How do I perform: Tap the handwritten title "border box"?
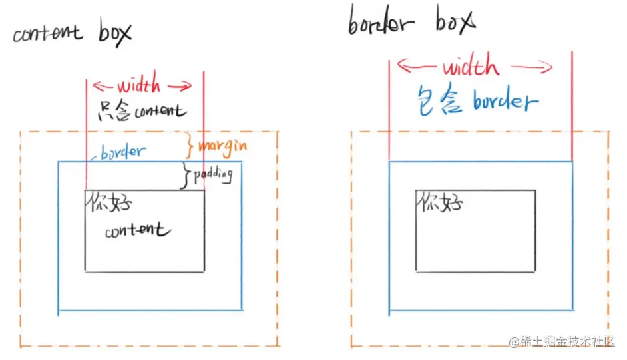pyautogui.click(x=411, y=24)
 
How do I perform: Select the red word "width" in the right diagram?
pyautogui.click(x=470, y=67)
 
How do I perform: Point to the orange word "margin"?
pyautogui.click(x=223, y=145)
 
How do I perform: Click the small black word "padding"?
pyautogui.click(x=212, y=175)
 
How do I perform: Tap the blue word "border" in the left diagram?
pyautogui.click(x=122, y=152)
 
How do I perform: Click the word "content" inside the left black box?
pyautogui.click(x=137, y=231)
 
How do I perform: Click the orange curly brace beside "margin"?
pyautogui.click(x=190, y=144)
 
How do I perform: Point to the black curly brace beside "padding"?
pyautogui.click(x=186, y=175)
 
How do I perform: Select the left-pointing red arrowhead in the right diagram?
pyautogui.click(x=402, y=65)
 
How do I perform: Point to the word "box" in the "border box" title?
pyautogui.click(x=456, y=22)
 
